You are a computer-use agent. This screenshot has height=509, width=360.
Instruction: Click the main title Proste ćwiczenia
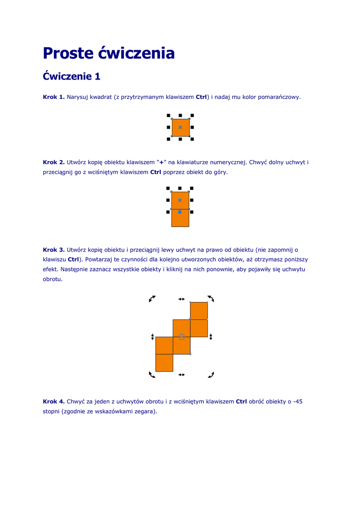[108, 53]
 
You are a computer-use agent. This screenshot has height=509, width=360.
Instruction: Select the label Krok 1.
[54, 97]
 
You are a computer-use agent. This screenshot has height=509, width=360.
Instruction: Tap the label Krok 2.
[54, 163]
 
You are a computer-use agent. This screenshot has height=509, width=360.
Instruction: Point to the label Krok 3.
[54, 250]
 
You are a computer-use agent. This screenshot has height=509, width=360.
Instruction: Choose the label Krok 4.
[54, 402]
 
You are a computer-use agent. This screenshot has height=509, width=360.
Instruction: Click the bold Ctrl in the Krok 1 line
[201, 97]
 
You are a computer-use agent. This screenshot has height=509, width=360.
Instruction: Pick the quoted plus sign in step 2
[161, 163]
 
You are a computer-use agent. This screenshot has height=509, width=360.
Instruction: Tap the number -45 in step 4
[297, 402]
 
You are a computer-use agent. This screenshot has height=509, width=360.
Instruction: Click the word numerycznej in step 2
[230, 163]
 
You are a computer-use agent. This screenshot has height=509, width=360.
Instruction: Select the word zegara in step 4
[145, 411]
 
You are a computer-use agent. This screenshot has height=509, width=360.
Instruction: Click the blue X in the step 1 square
[180, 128]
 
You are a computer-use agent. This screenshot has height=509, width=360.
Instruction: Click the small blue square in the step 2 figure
[180, 212]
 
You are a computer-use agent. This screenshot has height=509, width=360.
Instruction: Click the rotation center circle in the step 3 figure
[181, 337]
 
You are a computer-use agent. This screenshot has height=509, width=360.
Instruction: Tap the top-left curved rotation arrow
[152, 298]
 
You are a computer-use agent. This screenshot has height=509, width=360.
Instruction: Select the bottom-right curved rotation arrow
[211, 374]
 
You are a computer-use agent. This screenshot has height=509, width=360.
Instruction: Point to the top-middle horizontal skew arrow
[181, 299]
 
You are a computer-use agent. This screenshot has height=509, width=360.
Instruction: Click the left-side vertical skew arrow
[152, 337]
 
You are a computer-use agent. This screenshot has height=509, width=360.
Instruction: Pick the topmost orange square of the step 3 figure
[199, 311]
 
